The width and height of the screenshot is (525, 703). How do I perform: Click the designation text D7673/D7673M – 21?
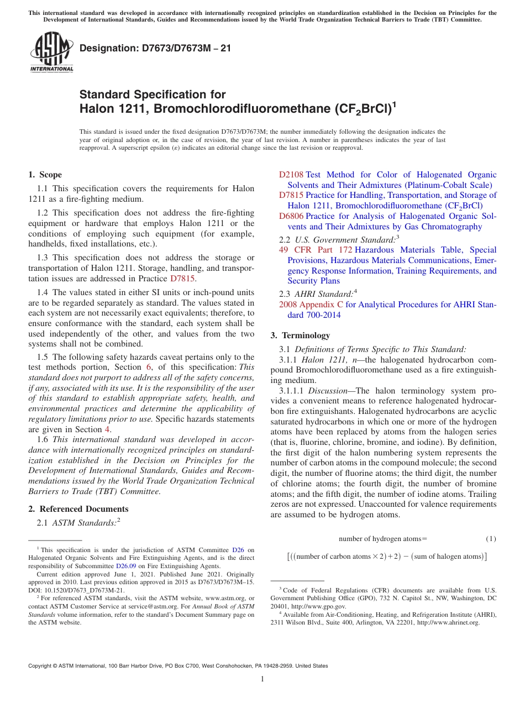(x=155, y=49)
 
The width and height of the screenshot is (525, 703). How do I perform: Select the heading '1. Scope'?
(x=45, y=175)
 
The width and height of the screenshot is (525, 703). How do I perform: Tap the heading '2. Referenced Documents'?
(x=78, y=509)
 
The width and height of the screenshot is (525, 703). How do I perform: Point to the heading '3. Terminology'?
(x=300, y=335)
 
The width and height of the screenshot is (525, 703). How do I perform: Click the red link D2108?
(x=291, y=175)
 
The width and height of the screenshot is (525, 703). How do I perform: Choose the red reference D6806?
(x=291, y=216)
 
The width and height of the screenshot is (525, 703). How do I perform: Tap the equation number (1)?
(x=491, y=539)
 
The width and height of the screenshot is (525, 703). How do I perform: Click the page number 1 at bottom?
(x=262, y=679)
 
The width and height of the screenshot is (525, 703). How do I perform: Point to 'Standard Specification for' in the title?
(x=153, y=95)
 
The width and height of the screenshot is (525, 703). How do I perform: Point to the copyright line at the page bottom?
(x=178, y=666)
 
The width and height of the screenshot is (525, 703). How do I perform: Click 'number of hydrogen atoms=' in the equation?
(x=382, y=539)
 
